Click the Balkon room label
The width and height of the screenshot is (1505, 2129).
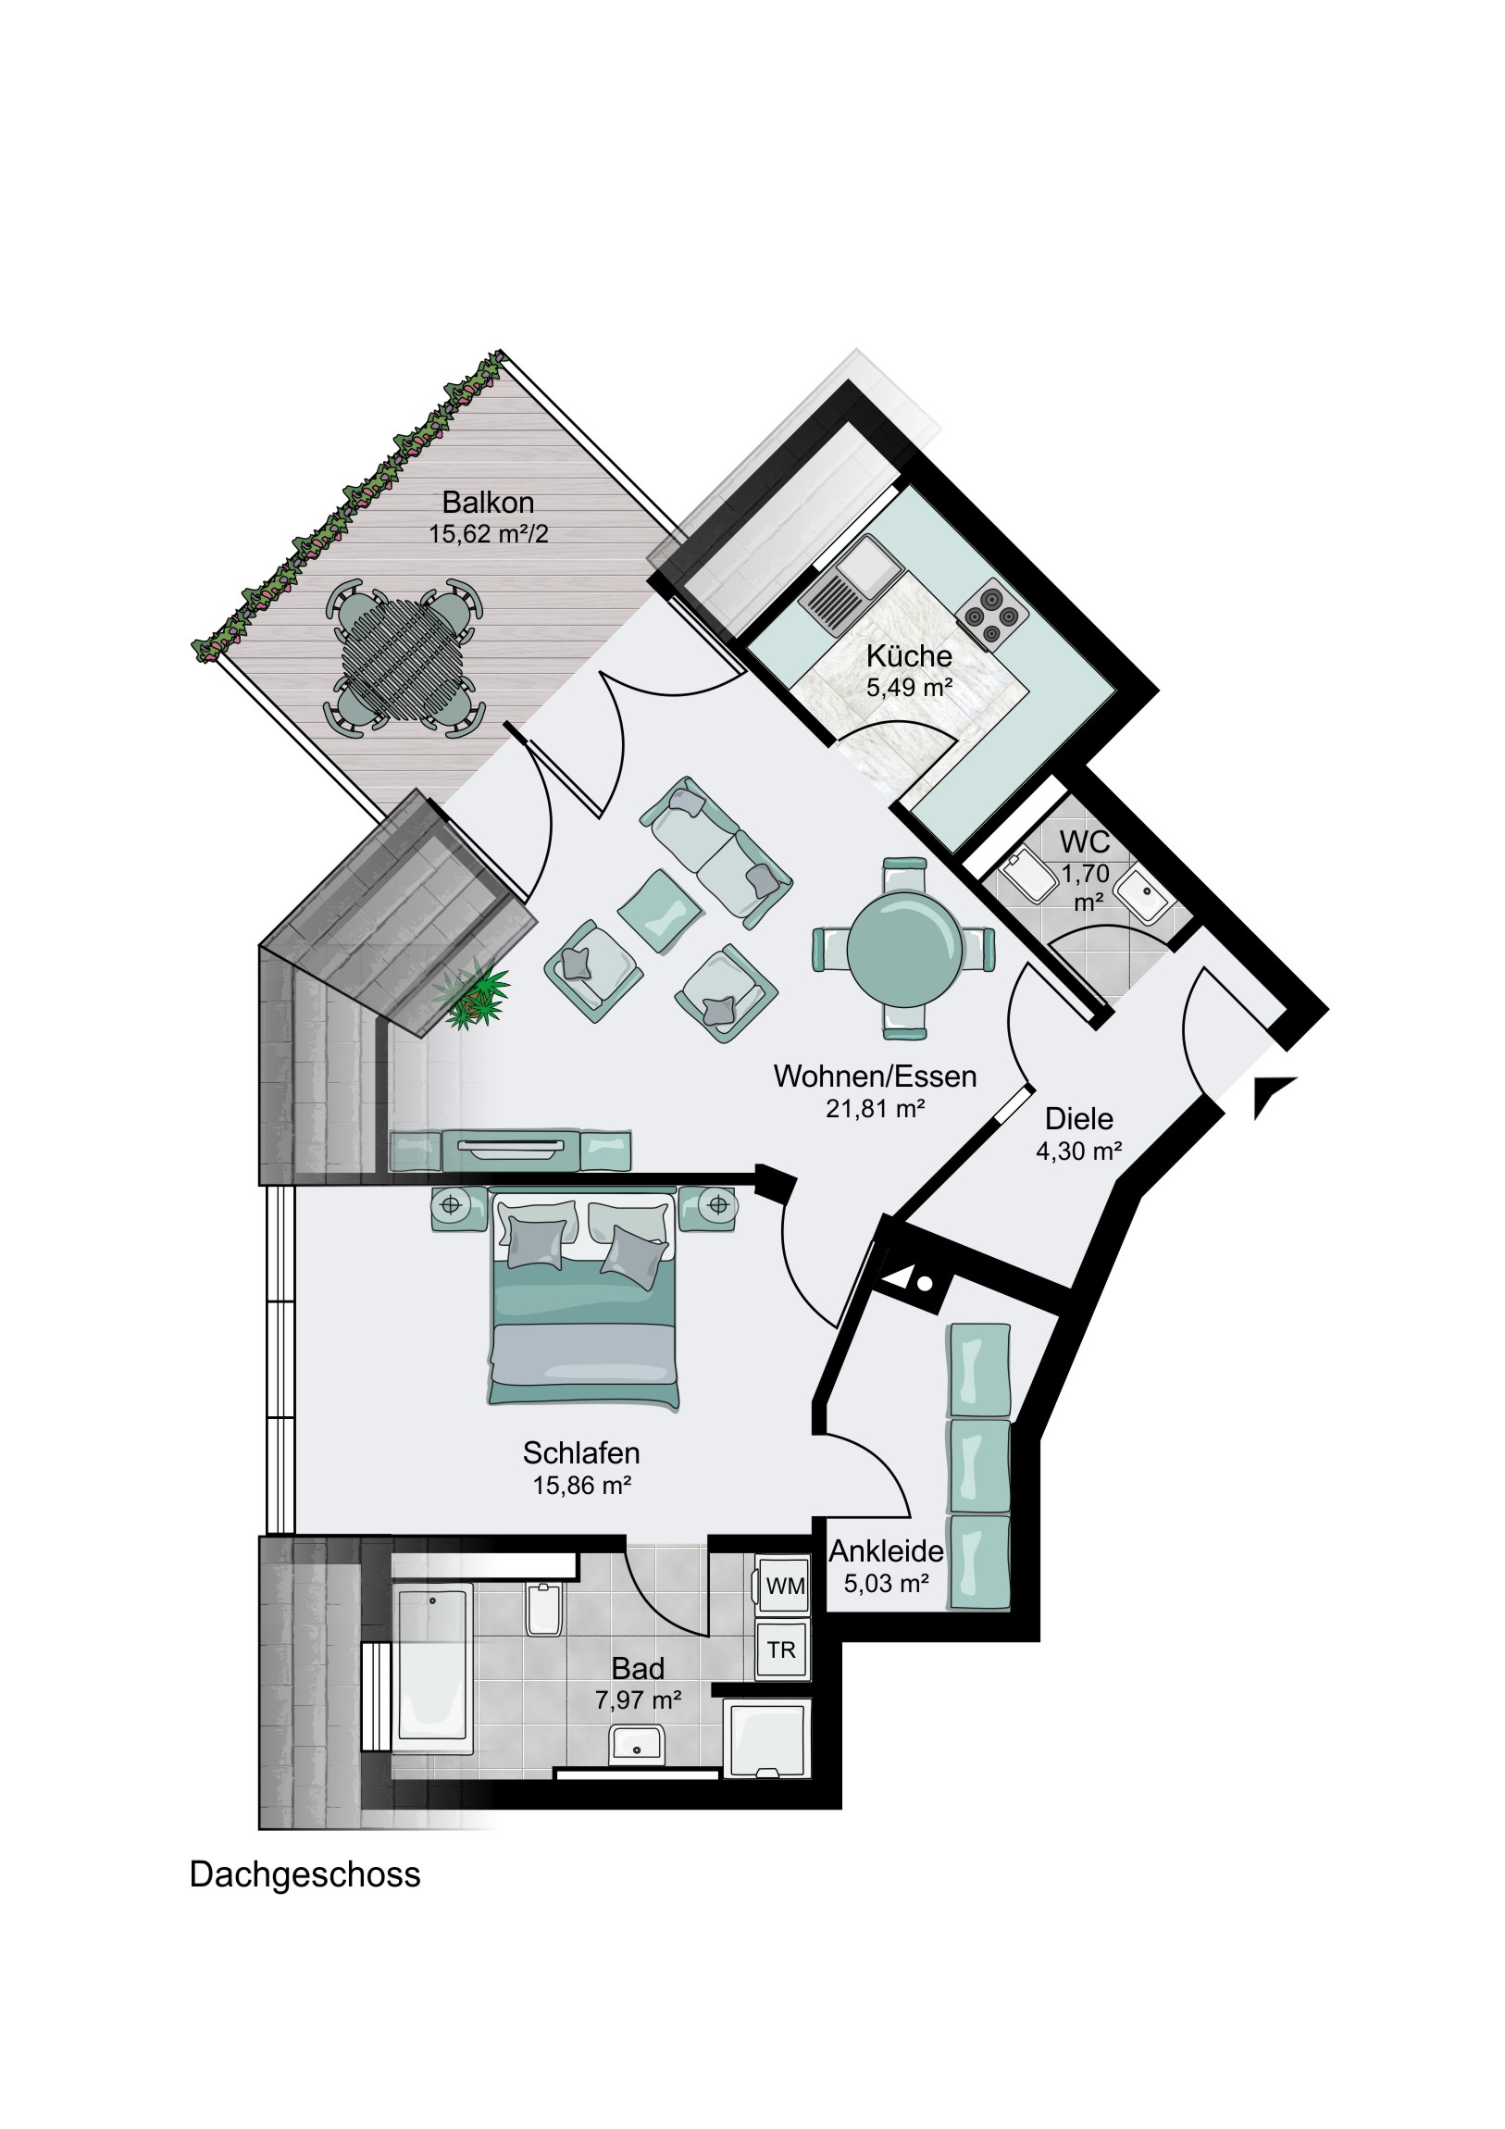(488, 503)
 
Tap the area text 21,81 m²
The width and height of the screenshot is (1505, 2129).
(876, 1108)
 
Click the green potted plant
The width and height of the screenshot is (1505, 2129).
(472, 994)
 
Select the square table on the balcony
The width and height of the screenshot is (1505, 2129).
(404, 657)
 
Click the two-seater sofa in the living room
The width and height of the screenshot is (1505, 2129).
(715, 853)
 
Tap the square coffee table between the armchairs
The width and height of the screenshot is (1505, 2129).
(659, 908)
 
